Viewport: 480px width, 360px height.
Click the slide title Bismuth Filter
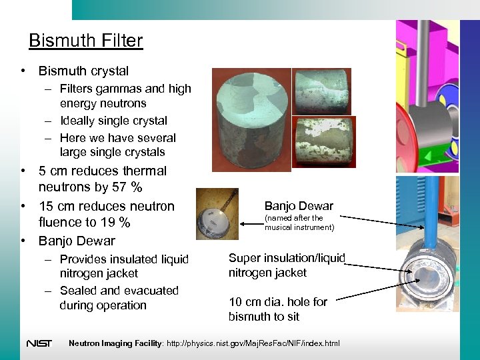[x=85, y=41]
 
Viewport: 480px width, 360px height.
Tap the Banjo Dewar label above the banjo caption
[x=299, y=205]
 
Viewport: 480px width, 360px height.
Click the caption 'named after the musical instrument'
[x=299, y=223]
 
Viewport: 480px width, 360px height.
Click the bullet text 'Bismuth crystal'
[x=83, y=71]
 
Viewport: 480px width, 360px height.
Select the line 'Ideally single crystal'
[x=113, y=121]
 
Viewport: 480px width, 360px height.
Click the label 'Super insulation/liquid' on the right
[x=287, y=258]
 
